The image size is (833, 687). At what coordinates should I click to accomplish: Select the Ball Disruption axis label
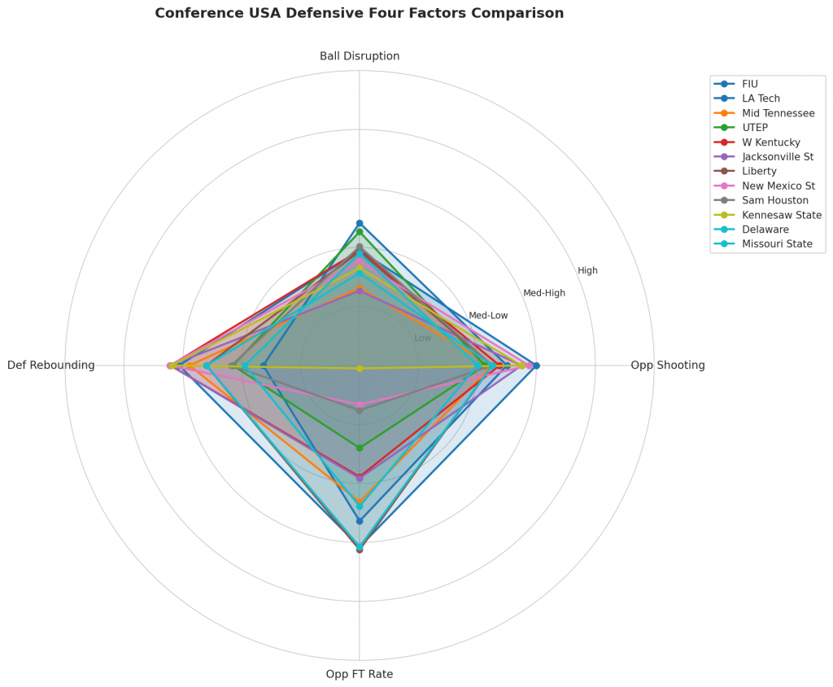point(360,56)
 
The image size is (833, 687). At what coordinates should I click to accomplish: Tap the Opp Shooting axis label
point(667,365)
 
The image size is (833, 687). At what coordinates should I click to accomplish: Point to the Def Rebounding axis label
point(50,365)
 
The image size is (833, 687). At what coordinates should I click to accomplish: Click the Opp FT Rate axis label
point(360,674)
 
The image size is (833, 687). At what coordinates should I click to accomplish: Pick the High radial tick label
point(587,270)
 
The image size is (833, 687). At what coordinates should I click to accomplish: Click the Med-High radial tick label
point(543,293)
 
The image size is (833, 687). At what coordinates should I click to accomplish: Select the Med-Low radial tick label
point(488,316)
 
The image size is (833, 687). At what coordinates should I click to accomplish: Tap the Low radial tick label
point(423,338)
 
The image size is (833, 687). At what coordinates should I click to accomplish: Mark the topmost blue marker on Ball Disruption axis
point(360,223)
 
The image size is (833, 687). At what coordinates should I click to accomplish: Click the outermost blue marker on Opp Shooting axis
point(536,365)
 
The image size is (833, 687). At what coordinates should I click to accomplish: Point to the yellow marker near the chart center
point(360,369)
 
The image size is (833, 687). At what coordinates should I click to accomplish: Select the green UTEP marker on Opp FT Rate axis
point(360,447)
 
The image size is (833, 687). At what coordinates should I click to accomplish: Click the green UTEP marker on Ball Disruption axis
point(360,231)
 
